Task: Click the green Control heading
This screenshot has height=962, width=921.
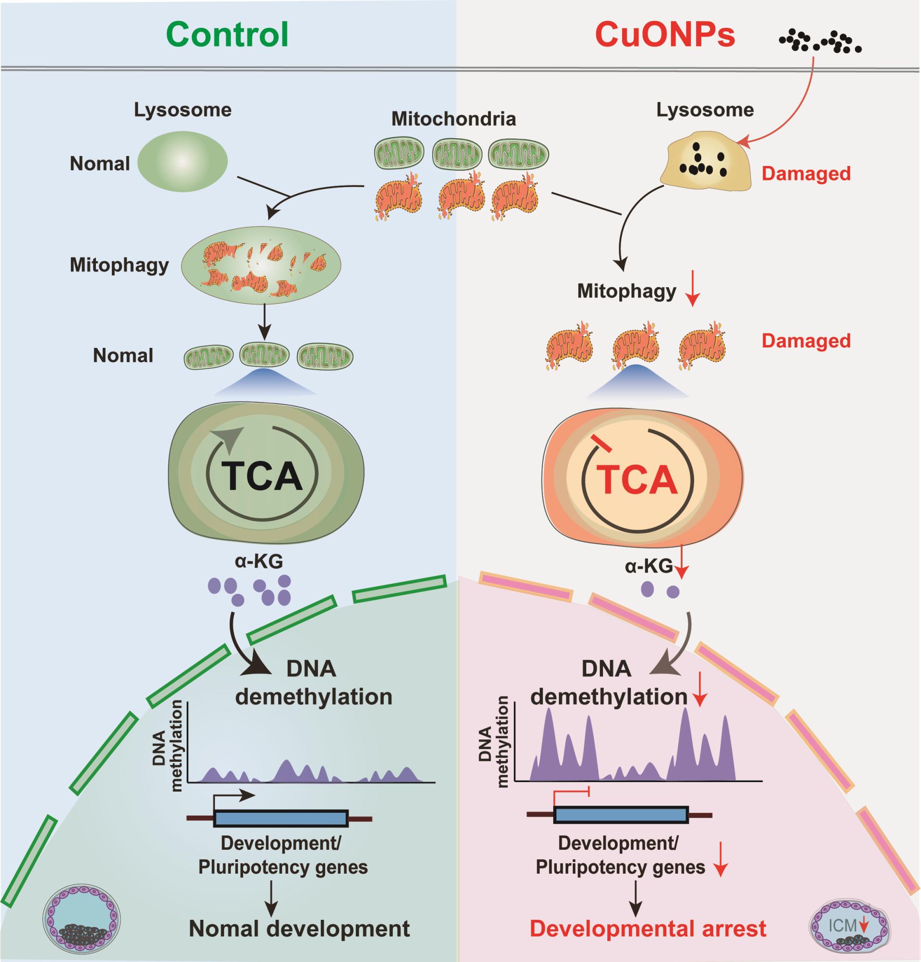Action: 227,35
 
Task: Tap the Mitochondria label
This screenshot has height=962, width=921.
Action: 453,119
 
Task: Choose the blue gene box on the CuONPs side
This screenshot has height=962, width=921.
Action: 621,815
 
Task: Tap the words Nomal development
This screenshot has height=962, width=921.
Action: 299,928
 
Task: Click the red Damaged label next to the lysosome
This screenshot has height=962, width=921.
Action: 806,174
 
